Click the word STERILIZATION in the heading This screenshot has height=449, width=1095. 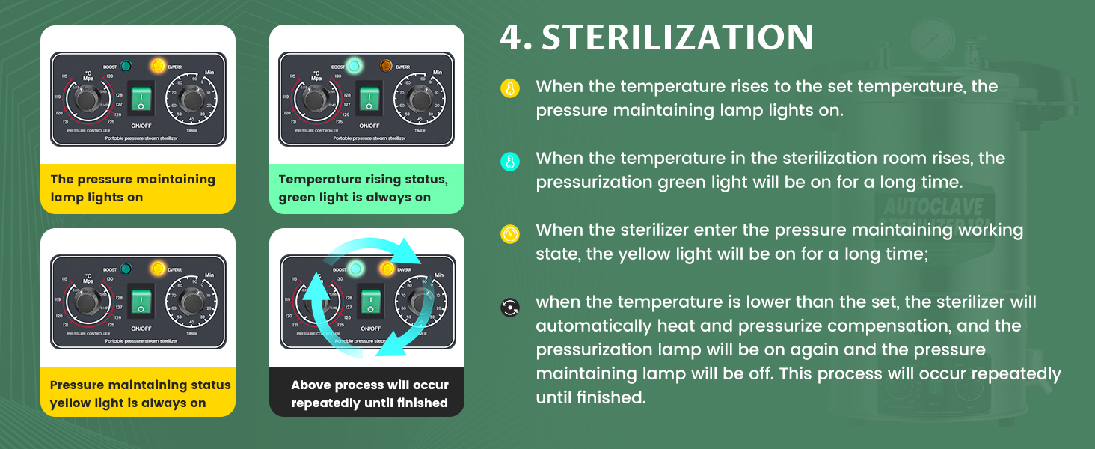678,37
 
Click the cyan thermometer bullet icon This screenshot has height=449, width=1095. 509,161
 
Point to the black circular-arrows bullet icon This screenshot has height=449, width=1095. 509,307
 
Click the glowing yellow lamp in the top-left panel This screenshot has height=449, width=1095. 158,66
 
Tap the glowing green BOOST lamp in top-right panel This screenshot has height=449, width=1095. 354,66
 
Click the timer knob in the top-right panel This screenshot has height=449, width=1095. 420,100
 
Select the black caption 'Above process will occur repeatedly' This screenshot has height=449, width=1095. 369,394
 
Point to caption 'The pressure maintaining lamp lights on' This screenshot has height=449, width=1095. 132,189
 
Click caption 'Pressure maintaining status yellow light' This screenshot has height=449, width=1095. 140,394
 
